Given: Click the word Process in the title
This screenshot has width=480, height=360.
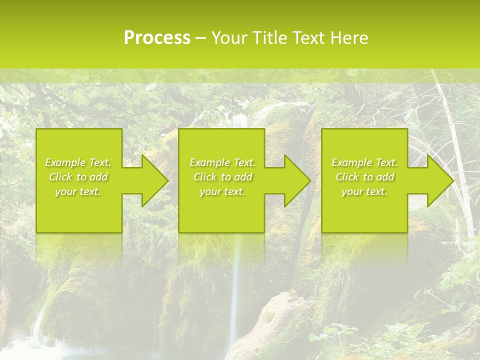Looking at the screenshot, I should (157, 38).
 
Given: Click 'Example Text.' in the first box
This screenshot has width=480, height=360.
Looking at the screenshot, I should (78, 162).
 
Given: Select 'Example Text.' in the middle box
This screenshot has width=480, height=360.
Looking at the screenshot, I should (222, 162).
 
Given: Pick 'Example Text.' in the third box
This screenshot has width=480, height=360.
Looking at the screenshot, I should (364, 162).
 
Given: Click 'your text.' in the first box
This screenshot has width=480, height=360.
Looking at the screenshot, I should (78, 191).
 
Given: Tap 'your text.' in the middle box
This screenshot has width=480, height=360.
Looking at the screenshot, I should (222, 191).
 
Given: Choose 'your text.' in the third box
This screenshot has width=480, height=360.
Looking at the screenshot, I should (364, 191).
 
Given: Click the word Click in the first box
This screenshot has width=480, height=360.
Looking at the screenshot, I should (60, 177).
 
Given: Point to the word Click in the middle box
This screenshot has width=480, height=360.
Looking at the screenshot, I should (204, 177).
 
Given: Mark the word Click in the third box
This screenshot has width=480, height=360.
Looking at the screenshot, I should (346, 177).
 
